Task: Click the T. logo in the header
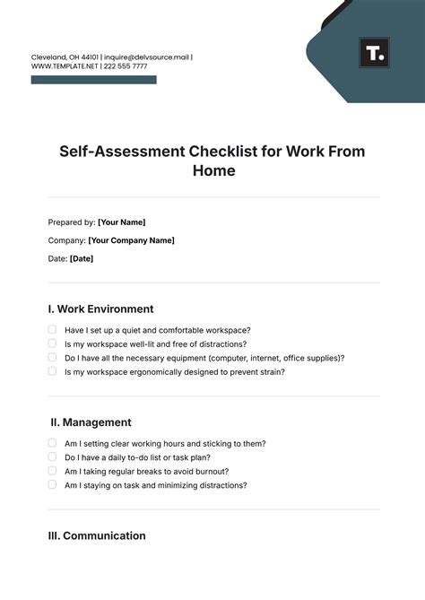tap(374, 53)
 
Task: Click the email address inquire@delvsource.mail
tap(148, 57)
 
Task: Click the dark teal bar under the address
tap(93, 80)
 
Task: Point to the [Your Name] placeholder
tap(121, 222)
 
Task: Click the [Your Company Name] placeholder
tap(131, 240)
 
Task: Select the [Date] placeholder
tap(81, 258)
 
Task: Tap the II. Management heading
tap(91, 422)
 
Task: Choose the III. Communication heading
tap(97, 535)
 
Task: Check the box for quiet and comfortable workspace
tap(52, 330)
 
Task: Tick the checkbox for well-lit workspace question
tap(52, 343)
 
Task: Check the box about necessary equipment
tap(52, 358)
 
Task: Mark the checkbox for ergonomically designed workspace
tap(52, 371)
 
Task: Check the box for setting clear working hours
tap(52, 443)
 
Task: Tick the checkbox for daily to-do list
tap(52, 457)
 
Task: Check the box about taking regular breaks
tap(52, 471)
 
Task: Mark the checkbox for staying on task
tap(52, 485)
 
